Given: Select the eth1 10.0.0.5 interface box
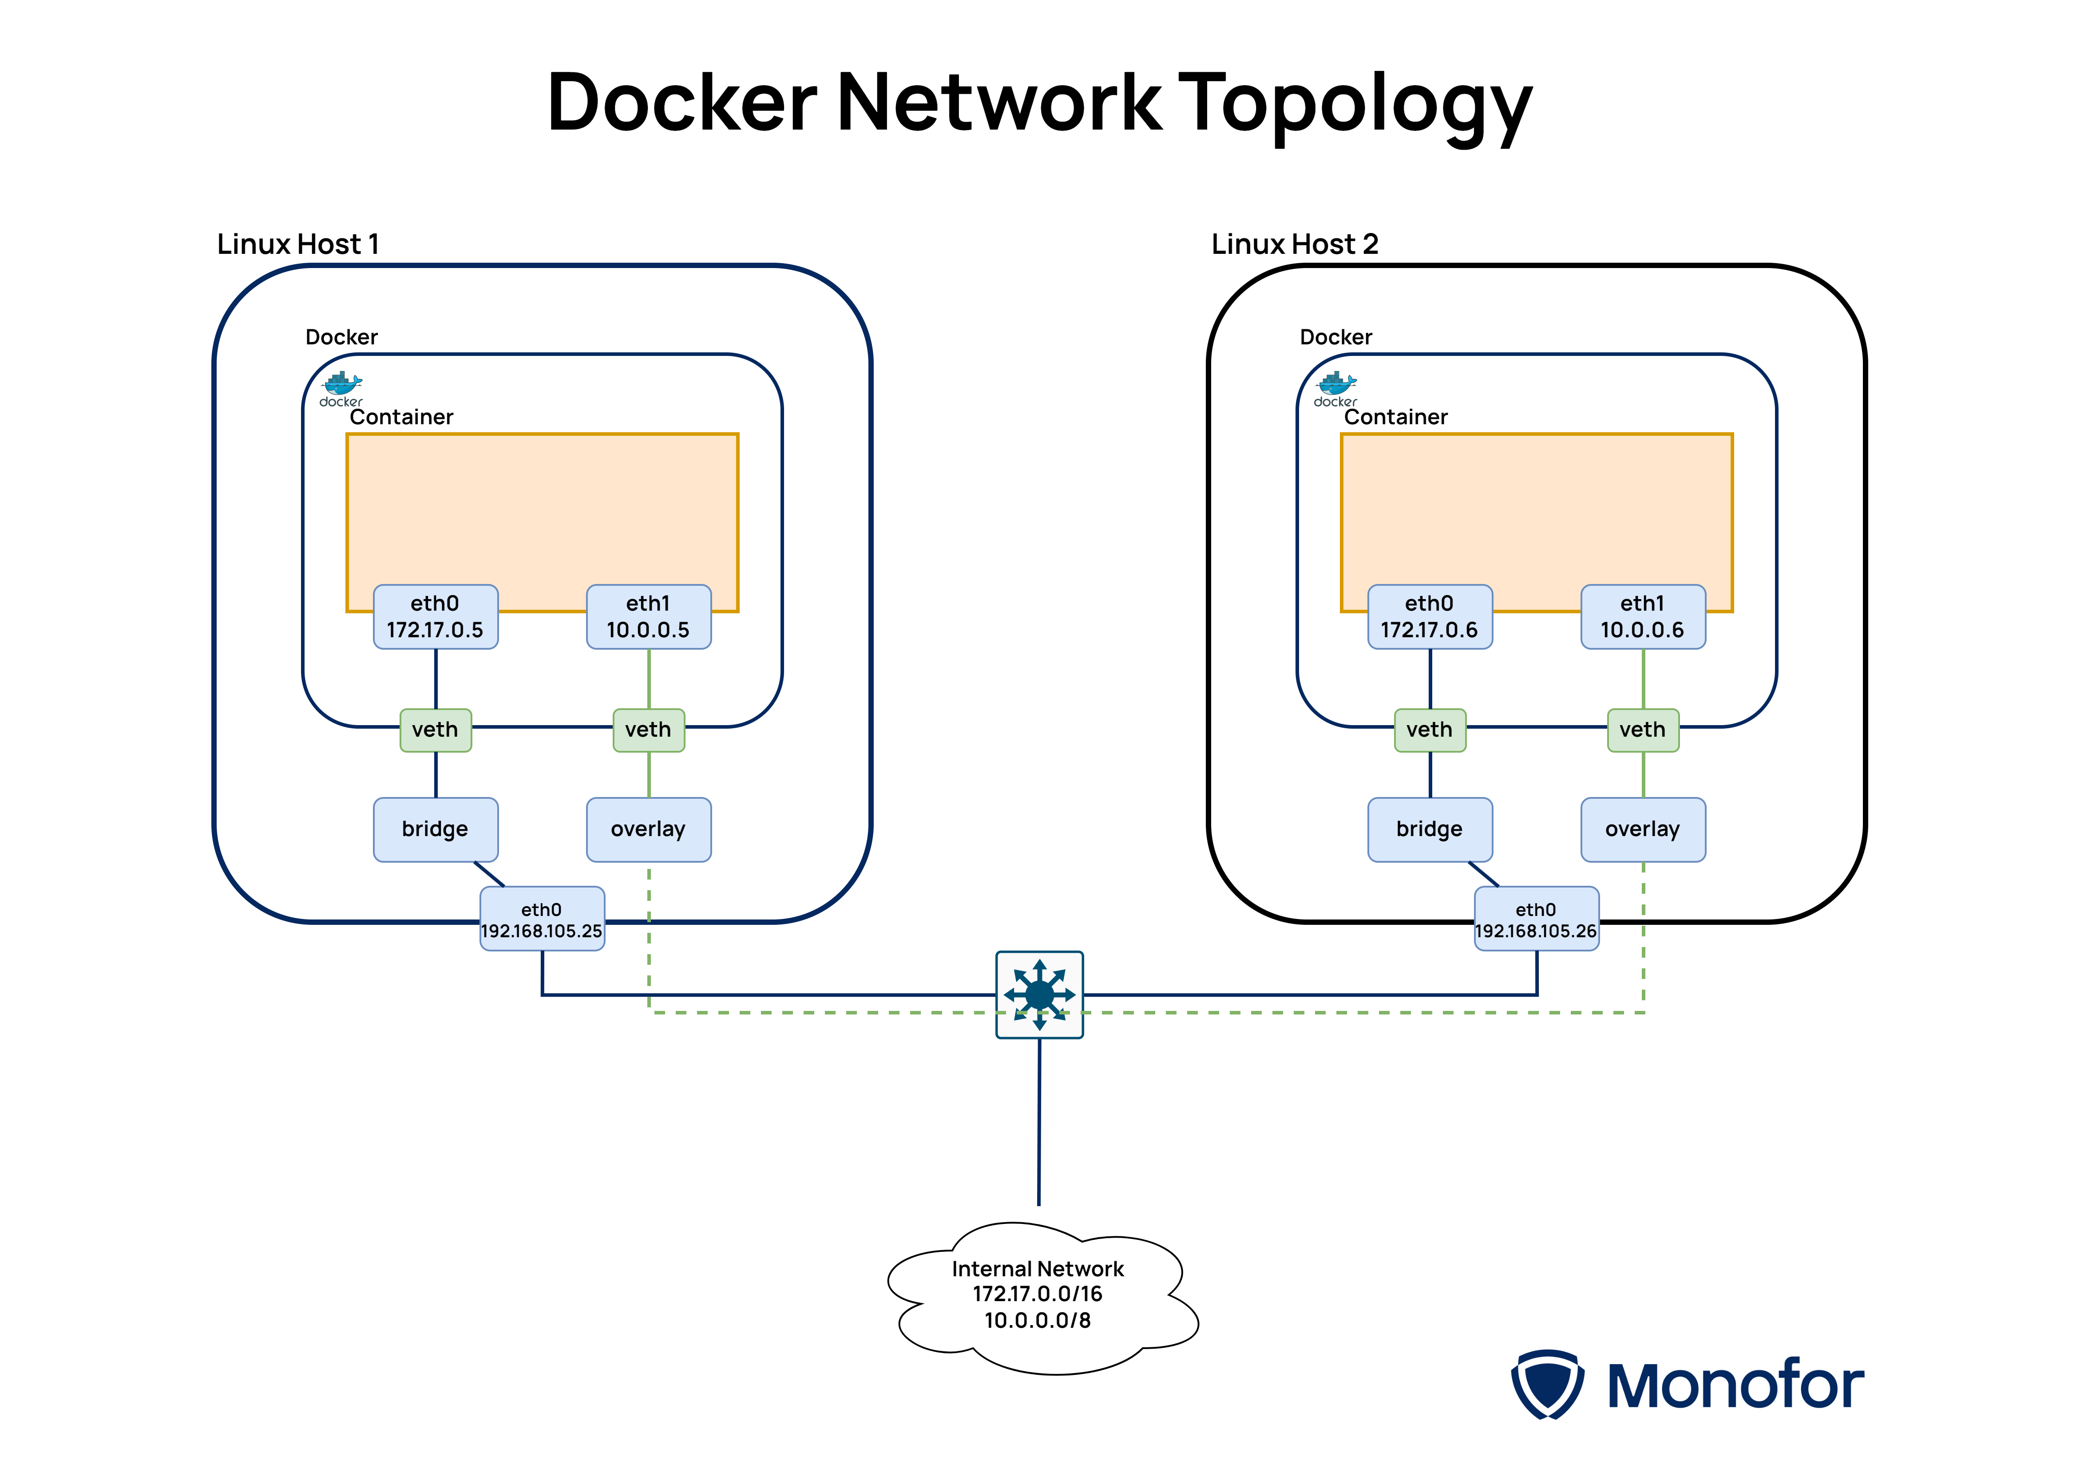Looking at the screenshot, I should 648,616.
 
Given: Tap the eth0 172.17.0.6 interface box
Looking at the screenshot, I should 1430,616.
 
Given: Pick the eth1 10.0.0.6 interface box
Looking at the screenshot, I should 1643,616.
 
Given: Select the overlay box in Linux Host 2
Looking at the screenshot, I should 1643,829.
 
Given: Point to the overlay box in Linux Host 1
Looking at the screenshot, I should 648,829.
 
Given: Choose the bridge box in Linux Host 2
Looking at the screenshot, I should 1430,829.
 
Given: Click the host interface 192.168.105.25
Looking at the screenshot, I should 542,919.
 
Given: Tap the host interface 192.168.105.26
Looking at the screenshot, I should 1536,919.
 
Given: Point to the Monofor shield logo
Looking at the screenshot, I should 1547,1384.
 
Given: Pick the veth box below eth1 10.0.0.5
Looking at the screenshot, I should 648,730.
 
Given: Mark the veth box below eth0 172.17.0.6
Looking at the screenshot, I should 1430,730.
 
